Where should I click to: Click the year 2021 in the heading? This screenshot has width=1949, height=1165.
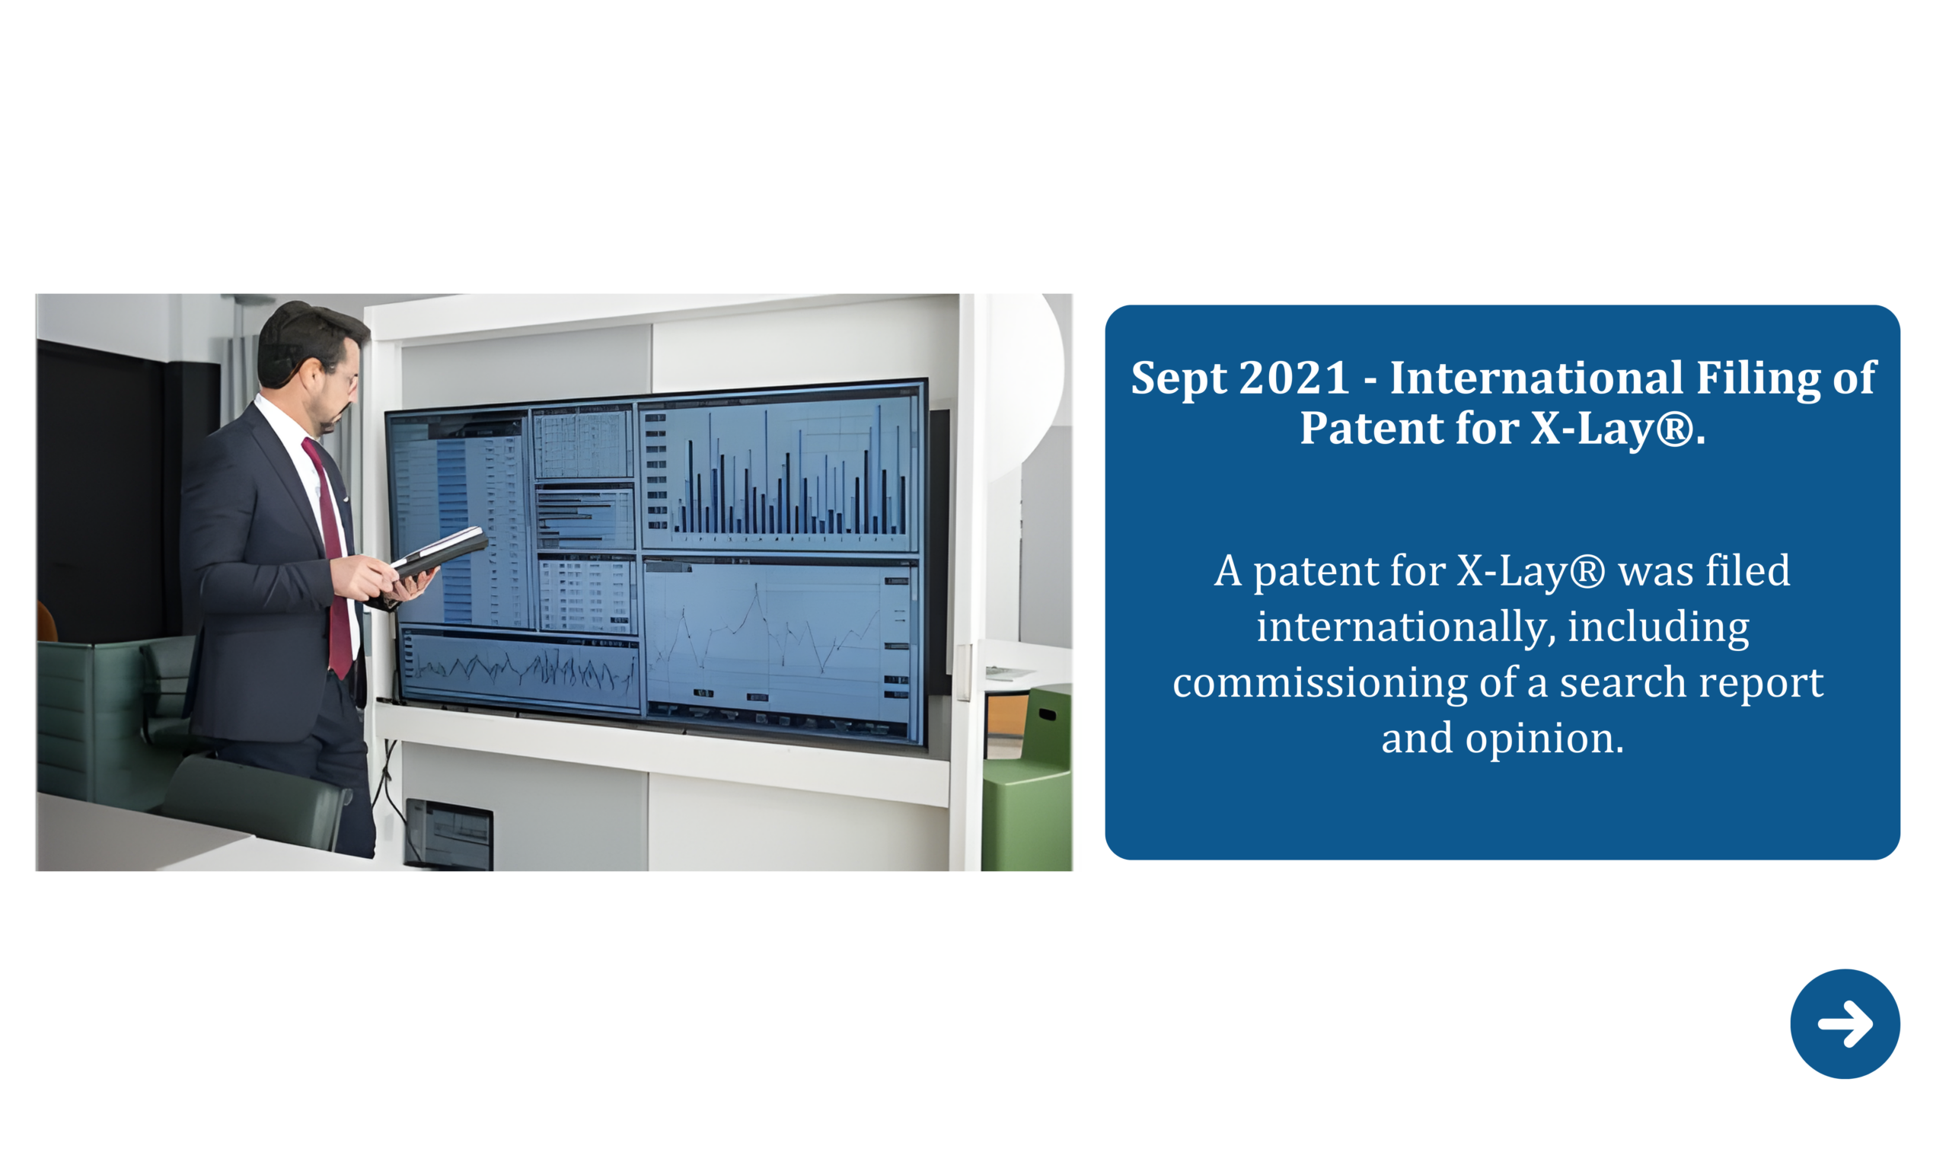(x=1294, y=378)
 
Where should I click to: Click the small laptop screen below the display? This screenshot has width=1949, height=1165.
(x=448, y=835)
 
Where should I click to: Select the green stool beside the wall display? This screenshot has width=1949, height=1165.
(x=1027, y=777)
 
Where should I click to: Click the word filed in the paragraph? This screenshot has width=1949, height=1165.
(x=1744, y=571)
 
